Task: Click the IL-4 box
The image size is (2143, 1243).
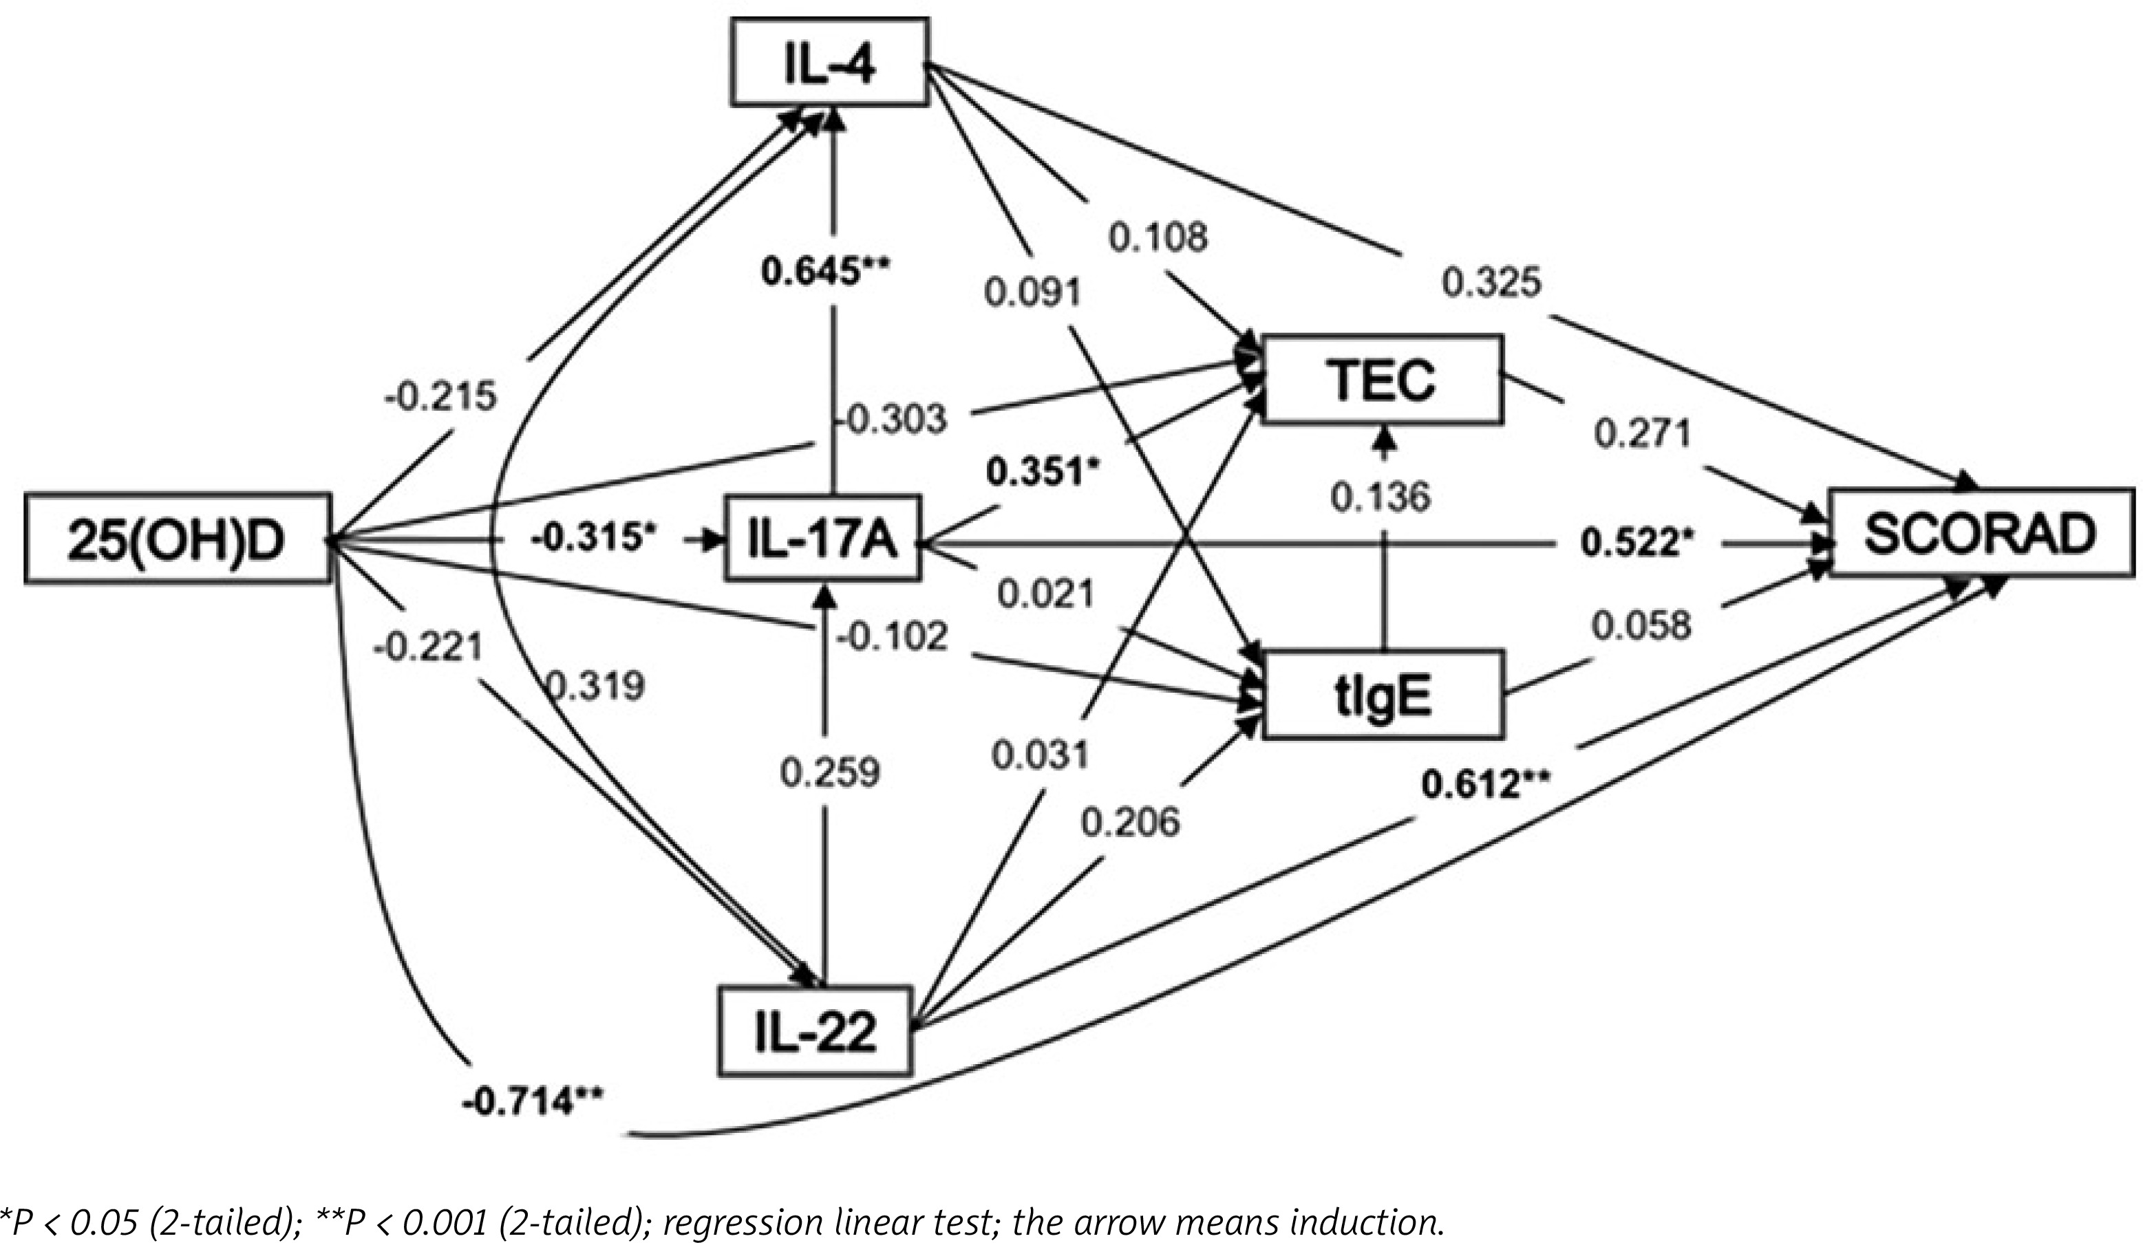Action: pyautogui.click(x=829, y=62)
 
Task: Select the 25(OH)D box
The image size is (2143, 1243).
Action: pyautogui.click(x=177, y=538)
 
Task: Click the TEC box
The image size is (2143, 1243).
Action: pyautogui.click(x=1383, y=379)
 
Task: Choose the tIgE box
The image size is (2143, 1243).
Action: pyautogui.click(x=1383, y=694)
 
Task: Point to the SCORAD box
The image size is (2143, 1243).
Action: pyautogui.click(x=1981, y=533)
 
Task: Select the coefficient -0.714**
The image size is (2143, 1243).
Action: pyautogui.click(x=533, y=1103)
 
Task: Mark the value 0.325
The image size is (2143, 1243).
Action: pyautogui.click(x=1491, y=281)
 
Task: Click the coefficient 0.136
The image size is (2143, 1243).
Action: pyautogui.click(x=1380, y=497)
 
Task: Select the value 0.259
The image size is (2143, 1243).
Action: pyautogui.click(x=830, y=772)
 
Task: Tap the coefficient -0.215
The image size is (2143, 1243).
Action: pyautogui.click(x=440, y=397)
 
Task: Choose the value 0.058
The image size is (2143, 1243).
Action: pyautogui.click(x=1641, y=627)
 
